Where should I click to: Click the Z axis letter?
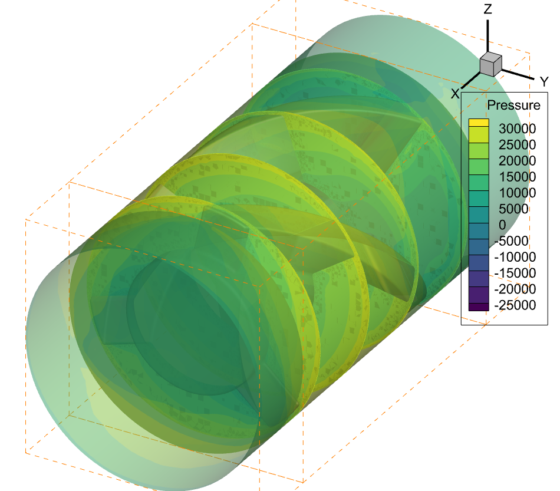(x=488, y=9)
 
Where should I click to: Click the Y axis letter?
(x=544, y=82)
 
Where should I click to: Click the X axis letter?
(x=455, y=94)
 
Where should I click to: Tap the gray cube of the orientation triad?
(x=490, y=64)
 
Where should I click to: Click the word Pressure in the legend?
(x=513, y=105)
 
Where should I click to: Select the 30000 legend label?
(x=517, y=128)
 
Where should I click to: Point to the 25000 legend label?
(x=517, y=144)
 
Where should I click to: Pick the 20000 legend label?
(x=517, y=161)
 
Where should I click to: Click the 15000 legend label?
(x=517, y=177)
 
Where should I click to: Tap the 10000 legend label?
(x=517, y=193)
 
